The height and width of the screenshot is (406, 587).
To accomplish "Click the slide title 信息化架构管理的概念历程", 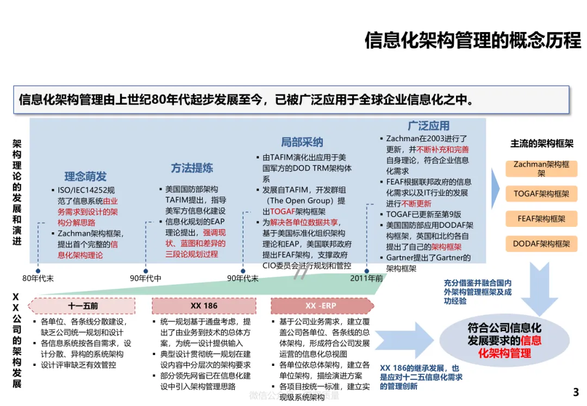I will click(x=472, y=41).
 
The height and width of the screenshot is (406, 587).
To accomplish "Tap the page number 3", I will click(x=576, y=392).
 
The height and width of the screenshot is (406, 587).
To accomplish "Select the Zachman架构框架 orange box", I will click(x=541, y=168).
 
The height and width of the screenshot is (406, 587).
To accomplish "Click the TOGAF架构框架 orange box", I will click(x=541, y=194).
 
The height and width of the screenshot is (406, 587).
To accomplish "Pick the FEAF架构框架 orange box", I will click(x=541, y=219).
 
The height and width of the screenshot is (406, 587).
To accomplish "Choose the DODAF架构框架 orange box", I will click(x=541, y=244).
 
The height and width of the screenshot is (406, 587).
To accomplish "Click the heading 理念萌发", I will click(x=85, y=176).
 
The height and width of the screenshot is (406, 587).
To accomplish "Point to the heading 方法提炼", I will click(x=192, y=168).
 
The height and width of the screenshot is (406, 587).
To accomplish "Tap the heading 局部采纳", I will click(x=302, y=142).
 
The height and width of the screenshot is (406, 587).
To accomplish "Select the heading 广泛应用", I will click(x=428, y=126).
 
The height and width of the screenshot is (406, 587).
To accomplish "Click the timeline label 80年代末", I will click(x=38, y=278).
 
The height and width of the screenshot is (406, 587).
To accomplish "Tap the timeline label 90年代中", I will click(x=145, y=278).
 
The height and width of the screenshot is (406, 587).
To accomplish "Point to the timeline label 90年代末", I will click(x=242, y=278).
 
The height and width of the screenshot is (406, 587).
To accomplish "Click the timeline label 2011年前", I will click(x=367, y=278).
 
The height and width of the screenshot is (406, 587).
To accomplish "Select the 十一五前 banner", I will click(x=83, y=306).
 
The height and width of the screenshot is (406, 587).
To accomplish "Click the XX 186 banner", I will click(x=204, y=306).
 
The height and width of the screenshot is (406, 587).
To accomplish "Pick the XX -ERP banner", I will click(x=321, y=306).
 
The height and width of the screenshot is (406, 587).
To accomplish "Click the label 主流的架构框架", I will click(x=541, y=144).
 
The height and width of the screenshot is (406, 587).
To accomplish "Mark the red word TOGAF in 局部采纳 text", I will click(x=282, y=212).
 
